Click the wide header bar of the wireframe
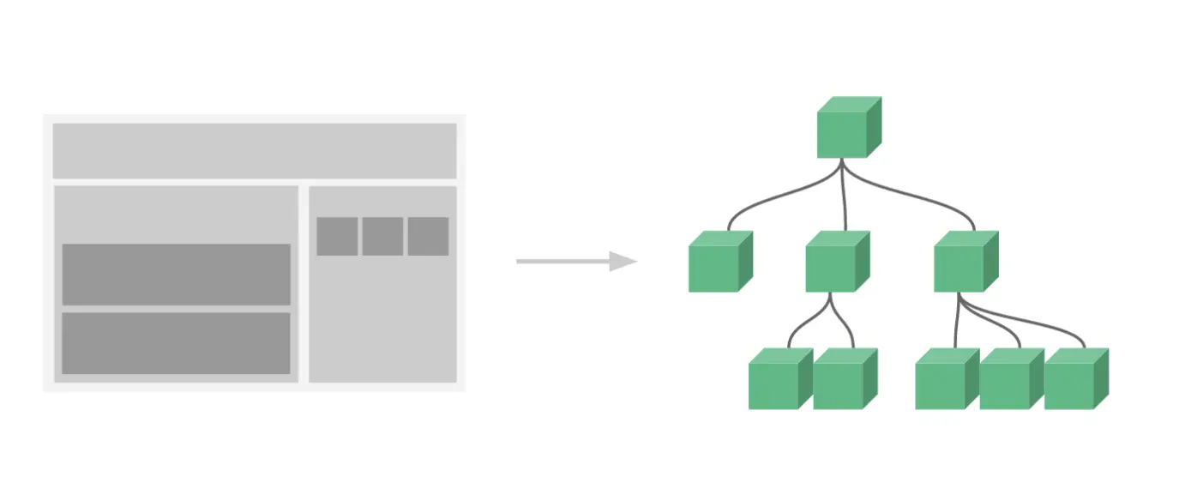coord(255,151)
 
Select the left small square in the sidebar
coord(337,236)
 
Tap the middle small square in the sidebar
coord(382,236)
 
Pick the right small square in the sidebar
coord(428,236)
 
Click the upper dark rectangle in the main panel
coord(176,275)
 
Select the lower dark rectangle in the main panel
coord(176,343)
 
